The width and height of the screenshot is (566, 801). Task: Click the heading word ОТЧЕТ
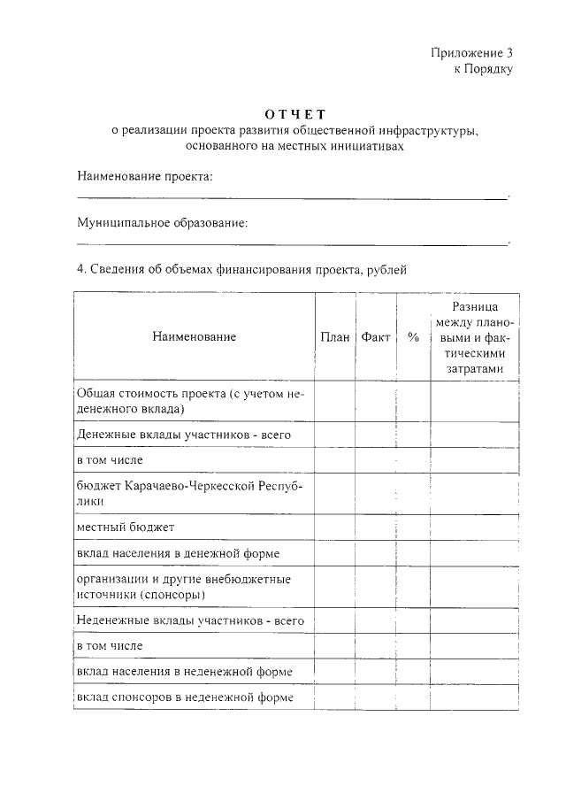coord(295,114)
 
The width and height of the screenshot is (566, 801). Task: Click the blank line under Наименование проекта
coord(292,197)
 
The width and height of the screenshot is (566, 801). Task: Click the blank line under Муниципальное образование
coord(292,243)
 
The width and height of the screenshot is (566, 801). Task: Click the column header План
coord(335,337)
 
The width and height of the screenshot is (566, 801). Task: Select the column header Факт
coord(376,337)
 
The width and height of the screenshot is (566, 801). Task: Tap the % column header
coord(413,337)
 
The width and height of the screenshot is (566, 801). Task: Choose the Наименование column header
coord(194,337)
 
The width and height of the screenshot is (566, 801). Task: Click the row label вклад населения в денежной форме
coord(179,553)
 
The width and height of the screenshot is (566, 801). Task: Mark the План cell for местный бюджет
coord(335,528)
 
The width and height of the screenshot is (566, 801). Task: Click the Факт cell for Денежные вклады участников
coord(376,435)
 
